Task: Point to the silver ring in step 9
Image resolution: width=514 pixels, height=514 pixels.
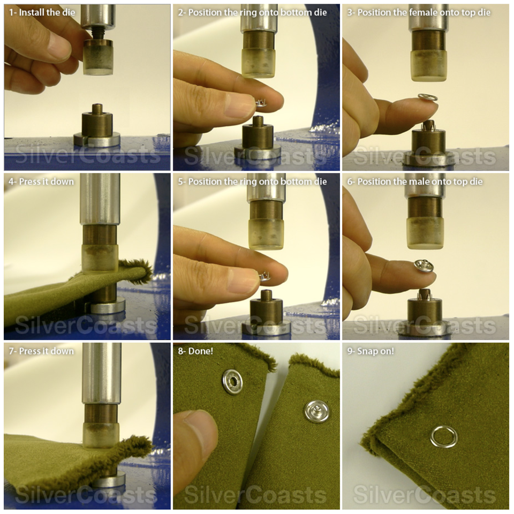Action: pos(443,436)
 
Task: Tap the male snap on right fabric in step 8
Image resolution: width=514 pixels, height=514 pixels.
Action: pos(316,411)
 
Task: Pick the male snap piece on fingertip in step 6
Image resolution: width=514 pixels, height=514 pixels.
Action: pos(423,266)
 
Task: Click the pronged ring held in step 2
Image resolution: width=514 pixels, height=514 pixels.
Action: pos(261,102)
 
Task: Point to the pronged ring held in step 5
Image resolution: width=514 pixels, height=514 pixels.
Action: pos(263,275)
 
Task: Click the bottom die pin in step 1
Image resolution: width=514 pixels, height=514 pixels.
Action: pos(97,109)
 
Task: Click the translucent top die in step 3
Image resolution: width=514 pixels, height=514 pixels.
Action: pos(428,66)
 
